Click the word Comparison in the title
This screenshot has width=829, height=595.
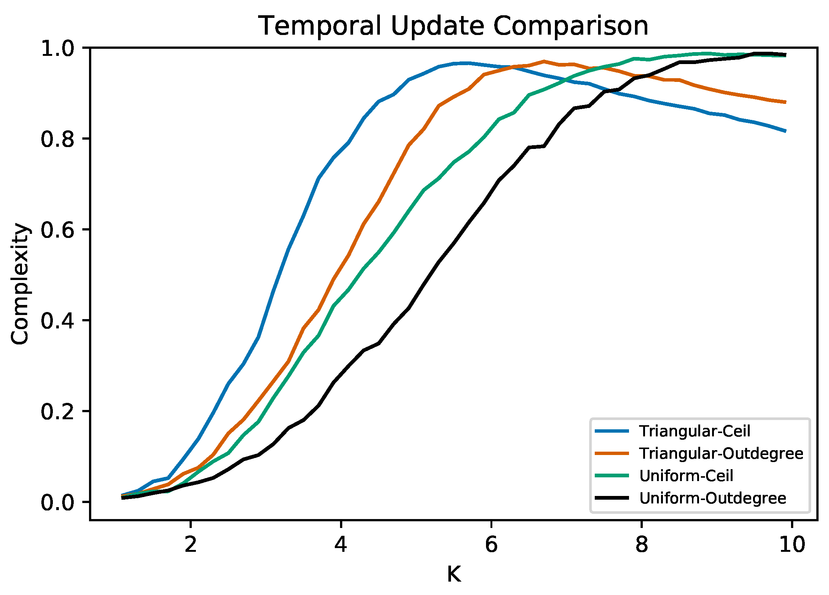(571, 26)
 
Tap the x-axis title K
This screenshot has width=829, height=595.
(454, 574)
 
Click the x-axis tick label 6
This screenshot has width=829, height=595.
(491, 544)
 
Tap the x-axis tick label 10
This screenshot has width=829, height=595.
(792, 544)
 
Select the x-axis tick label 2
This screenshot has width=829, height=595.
(190, 544)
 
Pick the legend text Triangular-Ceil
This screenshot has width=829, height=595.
(695, 431)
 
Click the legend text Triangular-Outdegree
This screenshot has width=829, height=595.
(721, 454)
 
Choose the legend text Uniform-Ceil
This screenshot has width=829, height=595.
(686, 476)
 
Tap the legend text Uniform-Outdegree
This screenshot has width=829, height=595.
(712, 498)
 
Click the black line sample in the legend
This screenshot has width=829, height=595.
(612, 498)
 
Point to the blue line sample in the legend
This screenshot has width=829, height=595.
(612, 431)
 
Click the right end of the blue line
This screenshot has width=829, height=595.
(785, 131)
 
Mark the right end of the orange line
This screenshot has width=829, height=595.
(785, 102)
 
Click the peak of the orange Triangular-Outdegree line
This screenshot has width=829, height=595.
(544, 61)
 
